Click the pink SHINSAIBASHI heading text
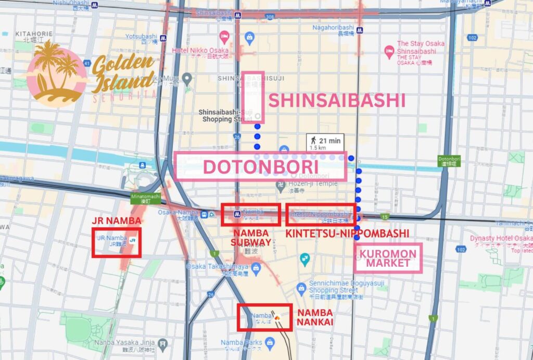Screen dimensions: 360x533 [336, 100]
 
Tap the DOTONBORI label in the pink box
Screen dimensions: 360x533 [260, 167]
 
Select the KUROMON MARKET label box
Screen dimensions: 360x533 [388, 258]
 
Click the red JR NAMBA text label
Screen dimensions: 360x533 [116, 220]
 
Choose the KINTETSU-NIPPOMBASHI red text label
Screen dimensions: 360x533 [347, 233]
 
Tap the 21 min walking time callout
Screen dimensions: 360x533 [325, 142]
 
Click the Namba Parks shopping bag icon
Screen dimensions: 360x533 [269, 342]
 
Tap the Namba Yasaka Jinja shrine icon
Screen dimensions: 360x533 [163, 344]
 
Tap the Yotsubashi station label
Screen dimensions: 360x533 [141, 37]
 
